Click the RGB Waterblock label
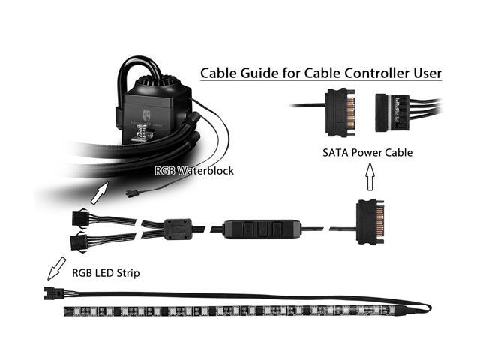click(x=194, y=171)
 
